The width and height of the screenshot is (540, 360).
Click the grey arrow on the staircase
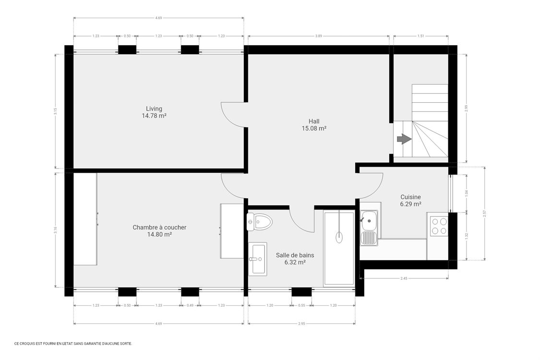click(x=404, y=139)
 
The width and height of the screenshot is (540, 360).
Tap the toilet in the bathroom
click(x=260, y=221)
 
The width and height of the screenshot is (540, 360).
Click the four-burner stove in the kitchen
click(x=438, y=226)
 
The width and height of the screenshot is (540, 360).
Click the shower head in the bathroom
click(x=339, y=235)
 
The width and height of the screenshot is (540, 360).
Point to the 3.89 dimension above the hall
click(x=318, y=36)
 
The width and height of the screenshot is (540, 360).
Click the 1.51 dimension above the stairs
click(x=420, y=36)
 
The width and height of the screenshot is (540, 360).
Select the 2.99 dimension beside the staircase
click(x=466, y=108)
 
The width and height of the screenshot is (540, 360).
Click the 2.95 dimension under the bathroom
click(x=301, y=324)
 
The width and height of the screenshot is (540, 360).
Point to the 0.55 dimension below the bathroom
click(x=301, y=305)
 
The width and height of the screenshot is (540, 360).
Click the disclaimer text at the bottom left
click(x=73, y=344)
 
